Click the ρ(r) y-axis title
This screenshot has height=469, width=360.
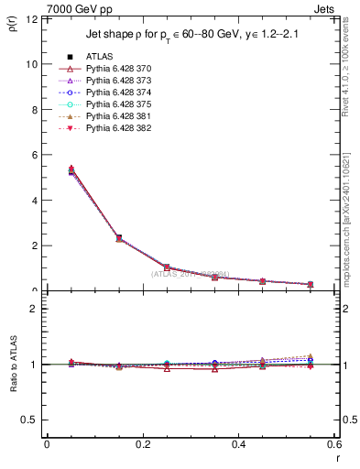tap(12, 23)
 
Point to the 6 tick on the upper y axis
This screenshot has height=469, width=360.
tap(34, 155)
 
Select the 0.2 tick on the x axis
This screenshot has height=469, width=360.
tap(143, 444)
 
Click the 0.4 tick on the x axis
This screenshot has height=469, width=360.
tap(238, 444)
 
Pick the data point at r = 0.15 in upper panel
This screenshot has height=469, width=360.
tap(119, 238)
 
